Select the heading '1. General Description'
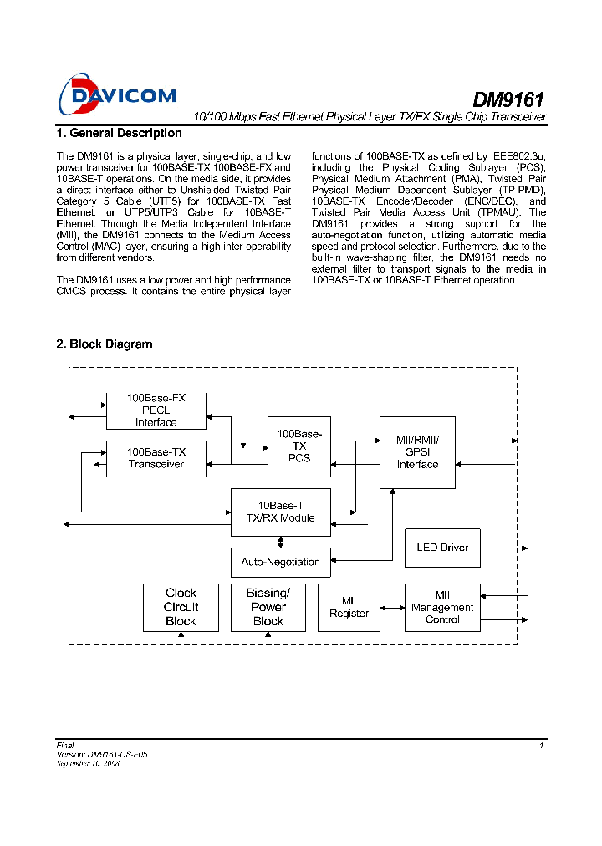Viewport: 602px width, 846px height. tap(119, 133)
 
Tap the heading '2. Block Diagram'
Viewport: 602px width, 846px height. tap(104, 344)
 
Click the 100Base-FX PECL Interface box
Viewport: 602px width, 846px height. tap(156, 410)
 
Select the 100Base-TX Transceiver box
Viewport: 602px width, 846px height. tap(156, 458)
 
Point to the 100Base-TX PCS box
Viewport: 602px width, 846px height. tap(298, 446)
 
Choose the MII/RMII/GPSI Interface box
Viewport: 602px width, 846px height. tap(417, 452)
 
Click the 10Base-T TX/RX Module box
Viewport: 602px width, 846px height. tap(280, 512)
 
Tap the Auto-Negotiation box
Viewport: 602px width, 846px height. tap(280, 562)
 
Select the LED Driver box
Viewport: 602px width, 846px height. tap(442, 548)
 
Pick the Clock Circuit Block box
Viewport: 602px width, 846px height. tap(181, 607)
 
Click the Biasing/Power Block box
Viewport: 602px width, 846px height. tap(268, 607)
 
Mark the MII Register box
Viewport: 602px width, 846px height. tap(349, 607)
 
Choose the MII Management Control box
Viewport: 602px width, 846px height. tap(442, 607)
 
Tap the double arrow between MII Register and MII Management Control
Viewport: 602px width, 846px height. tap(392, 608)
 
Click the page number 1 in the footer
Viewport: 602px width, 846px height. tap(542, 745)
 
